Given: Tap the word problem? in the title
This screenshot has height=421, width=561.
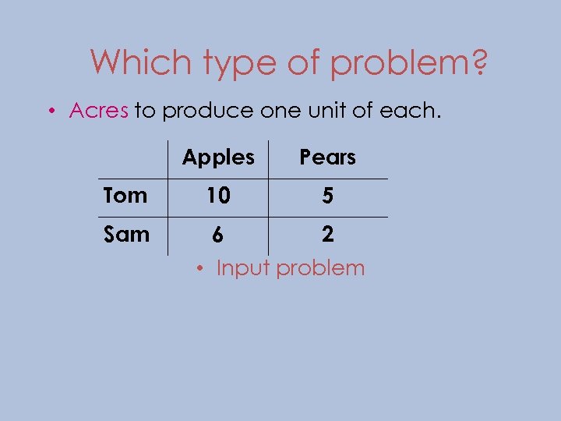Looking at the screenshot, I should (x=408, y=63).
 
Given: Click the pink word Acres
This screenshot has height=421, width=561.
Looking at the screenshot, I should (x=99, y=111).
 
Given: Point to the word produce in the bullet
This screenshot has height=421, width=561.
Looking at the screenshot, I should (x=206, y=111).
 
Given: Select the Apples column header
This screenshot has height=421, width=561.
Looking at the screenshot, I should (x=218, y=158).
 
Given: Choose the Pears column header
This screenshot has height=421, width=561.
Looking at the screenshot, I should (x=328, y=157).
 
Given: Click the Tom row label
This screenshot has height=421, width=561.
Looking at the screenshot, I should (x=125, y=196).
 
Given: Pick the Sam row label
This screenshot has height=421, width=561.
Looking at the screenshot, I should (x=125, y=234).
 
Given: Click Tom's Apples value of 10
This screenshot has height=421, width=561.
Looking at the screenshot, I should (x=218, y=196).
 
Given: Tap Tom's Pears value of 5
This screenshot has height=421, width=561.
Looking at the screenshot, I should (x=328, y=196).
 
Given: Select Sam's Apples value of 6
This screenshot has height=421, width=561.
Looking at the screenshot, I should (x=218, y=235).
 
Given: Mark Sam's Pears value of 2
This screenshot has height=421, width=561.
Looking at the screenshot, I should (x=328, y=235).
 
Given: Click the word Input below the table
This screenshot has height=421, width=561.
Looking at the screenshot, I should (x=242, y=268).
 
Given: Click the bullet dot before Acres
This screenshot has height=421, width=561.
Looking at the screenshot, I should (x=50, y=111).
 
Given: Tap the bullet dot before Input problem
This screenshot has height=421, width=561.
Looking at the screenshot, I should (x=201, y=269).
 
